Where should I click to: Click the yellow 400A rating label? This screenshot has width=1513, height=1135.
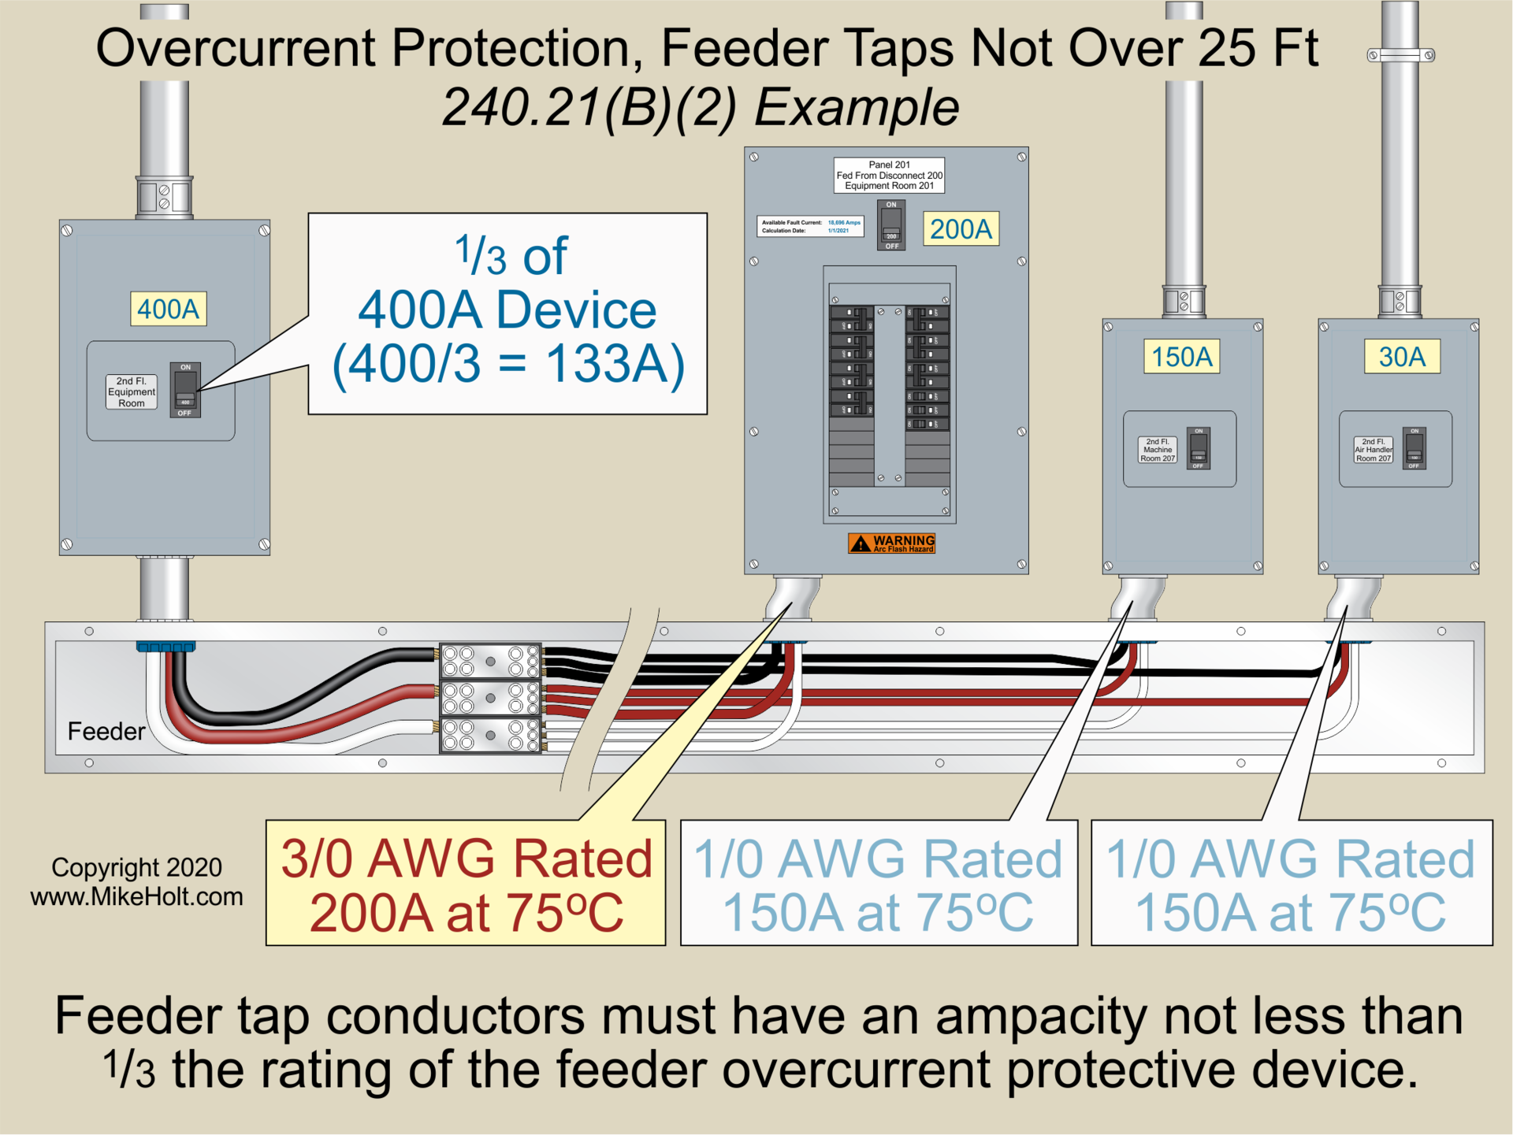pyautogui.click(x=168, y=309)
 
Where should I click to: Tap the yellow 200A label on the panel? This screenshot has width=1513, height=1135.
pyautogui.click(x=961, y=229)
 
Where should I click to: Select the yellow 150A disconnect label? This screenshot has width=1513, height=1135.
pyautogui.click(x=1181, y=357)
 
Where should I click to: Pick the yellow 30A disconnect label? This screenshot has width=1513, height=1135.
pyautogui.click(x=1402, y=357)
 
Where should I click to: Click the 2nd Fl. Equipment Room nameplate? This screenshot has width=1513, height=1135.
pyautogui.click(x=132, y=391)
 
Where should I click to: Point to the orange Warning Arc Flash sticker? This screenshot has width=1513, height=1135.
pyautogui.click(x=891, y=543)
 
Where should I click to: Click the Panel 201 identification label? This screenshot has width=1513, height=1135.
pyautogui.click(x=889, y=176)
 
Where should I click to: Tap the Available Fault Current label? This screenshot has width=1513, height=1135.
pyautogui.click(x=810, y=227)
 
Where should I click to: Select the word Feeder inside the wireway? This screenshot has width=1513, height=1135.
pyautogui.click(x=106, y=731)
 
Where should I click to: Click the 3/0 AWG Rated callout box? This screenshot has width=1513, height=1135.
pyautogui.click(x=466, y=883)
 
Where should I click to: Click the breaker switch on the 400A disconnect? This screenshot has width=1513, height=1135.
pyautogui.click(x=185, y=390)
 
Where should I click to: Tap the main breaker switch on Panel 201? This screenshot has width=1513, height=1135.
pyautogui.click(x=891, y=225)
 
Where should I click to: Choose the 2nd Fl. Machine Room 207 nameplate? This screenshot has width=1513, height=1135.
pyautogui.click(x=1158, y=450)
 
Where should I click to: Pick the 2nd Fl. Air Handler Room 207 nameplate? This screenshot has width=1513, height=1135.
pyautogui.click(x=1374, y=450)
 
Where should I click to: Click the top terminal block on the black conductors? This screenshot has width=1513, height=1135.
pyautogui.click(x=490, y=662)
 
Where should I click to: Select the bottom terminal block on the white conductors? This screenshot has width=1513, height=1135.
pyautogui.click(x=490, y=735)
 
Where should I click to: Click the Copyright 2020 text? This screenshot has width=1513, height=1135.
pyautogui.click(x=136, y=867)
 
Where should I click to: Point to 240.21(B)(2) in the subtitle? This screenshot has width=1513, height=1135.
pyautogui.click(x=589, y=107)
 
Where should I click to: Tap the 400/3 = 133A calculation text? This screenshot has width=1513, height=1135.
pyautogui.click(x=508, y=364)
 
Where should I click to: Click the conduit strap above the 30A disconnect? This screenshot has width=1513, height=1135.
pyautogui.click(x=1400, y=55)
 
